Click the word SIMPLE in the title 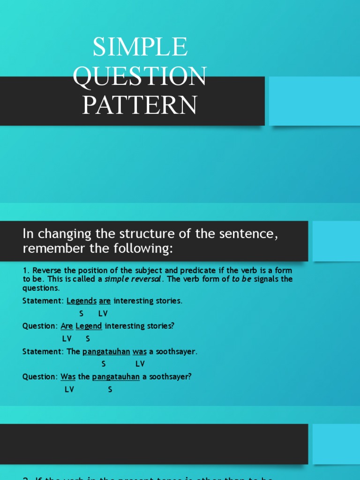[x=140, y=47]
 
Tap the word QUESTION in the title [x=140, y=76]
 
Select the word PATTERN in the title [x=140, y=105]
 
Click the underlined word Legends [x=82, y=301]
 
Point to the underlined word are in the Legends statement [x=105, y=301]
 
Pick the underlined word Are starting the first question [x=67, y=326]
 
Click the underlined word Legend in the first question [x=89, y=326]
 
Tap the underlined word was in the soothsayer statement [x=140, y=352]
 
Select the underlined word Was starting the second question [x=68, y=376]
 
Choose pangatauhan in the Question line [x=116, y=376]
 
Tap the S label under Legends [x=82, y=314]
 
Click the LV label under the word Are [x=67, y=338]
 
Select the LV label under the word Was [x=69, y=389]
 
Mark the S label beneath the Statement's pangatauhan [x=104, y=364]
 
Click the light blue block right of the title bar [x=315, y=101]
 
